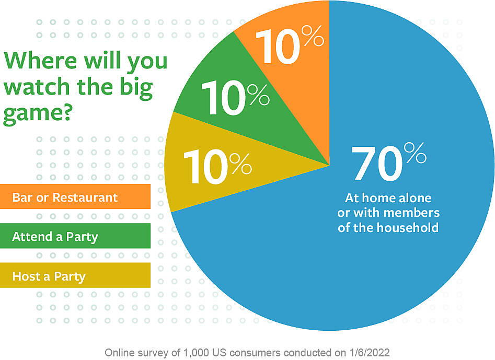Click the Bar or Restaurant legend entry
65,198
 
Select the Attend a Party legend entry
55,237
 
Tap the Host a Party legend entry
49,276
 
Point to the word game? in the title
37,113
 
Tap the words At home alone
388,198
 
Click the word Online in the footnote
119,352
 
